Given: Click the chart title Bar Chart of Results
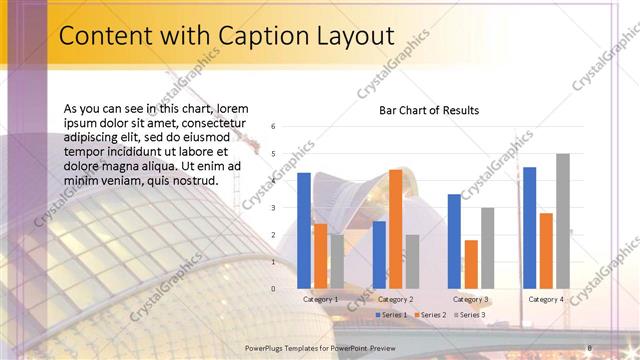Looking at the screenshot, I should click(428, 110).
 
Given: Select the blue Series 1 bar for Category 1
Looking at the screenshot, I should click(304, 231).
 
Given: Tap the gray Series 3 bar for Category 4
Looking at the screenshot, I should click(562, 221).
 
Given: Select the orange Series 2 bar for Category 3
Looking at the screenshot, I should click(471, 264).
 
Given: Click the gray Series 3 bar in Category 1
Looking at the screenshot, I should click(336, 262).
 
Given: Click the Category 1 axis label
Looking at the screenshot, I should click(320, 299).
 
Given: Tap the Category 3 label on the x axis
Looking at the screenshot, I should click(470, 299).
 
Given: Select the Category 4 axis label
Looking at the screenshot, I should click(546, 299).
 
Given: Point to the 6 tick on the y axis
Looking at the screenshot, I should click(273, 127).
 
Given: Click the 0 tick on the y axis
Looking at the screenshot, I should click(273, 289).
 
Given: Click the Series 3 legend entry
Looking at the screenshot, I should click(469, 315).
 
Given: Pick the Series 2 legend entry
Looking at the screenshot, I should click(431, 315).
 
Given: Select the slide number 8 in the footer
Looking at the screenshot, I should click(590, 346).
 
